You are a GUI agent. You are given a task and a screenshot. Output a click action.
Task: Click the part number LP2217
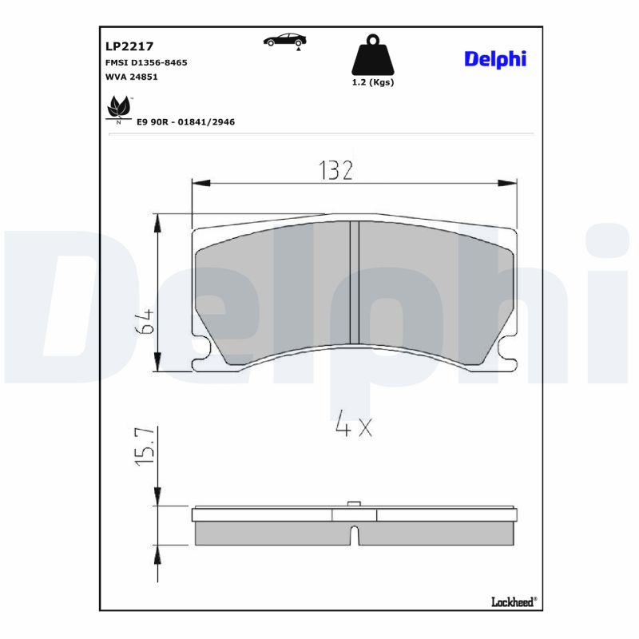click(129, 46)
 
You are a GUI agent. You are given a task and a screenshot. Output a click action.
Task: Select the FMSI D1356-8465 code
click(146, 62)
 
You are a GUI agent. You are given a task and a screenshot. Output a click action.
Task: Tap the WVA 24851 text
click(133, 77)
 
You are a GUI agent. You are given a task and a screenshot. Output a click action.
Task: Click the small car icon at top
click(286, 41)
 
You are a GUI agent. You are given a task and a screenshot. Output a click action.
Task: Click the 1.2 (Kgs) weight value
click(373, 81)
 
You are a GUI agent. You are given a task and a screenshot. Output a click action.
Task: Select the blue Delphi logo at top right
click(495, 60)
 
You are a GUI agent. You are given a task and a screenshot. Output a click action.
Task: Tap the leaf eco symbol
click(119, 108)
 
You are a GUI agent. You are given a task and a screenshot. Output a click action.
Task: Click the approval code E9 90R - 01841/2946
click(185, 122)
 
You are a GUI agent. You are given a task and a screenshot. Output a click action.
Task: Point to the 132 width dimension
click(335, 169)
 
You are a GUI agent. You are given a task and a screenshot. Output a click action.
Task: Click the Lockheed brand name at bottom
click(512, 601)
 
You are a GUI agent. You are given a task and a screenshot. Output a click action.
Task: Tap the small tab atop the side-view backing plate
click(354, 504)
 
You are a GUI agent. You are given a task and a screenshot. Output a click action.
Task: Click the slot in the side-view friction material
click(355, 535)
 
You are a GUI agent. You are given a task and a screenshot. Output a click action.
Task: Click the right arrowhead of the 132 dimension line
click(508, 184)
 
